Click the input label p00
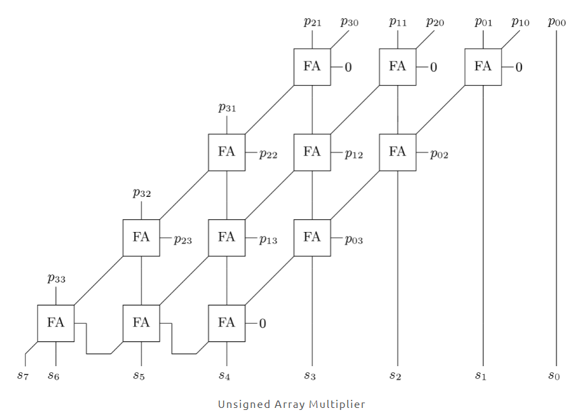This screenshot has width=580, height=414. pos(556,23)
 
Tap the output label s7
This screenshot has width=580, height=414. pos(23,375)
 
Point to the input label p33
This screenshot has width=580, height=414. pos(56,278)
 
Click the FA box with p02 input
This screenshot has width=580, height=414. pos(397,152)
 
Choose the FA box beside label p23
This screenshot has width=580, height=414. pos(141,237)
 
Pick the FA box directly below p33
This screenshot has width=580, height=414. pos(55,323)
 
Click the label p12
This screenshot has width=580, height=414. pos(354,154)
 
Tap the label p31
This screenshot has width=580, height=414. pos(227,107)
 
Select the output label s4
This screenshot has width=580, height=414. pos(224,375)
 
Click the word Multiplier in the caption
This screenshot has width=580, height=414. pos(337,405)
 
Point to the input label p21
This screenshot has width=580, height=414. pos(312,22)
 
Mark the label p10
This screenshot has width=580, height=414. pos(520,22)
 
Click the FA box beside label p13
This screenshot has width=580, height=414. pos(227,237)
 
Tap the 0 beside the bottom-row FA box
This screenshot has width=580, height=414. pos(262,324)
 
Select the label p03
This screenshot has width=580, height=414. pos(354,239)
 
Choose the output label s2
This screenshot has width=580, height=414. pos(395,375)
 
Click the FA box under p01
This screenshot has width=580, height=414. pos(483,66)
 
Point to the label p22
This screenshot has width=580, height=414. pos(268,154)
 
